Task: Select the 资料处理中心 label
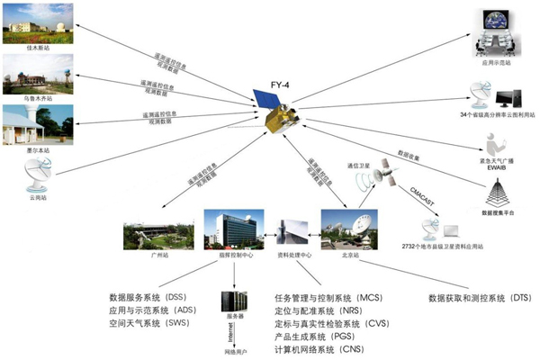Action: pyautogui.click(x=293, y=256)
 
